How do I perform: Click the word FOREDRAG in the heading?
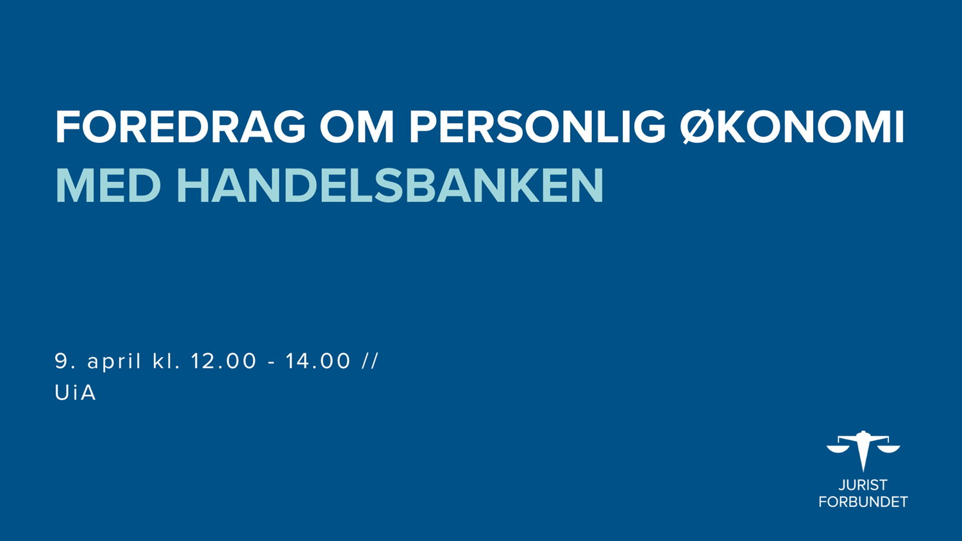[x=180, y=127]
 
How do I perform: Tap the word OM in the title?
[x=357, y=127]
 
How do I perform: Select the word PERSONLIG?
[x=537, y=127]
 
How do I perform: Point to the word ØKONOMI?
[x=792, y=127]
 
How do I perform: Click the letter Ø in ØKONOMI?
[x=698, y=127]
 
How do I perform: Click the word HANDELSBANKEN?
[x=390, y=186]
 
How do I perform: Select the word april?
[x=114, y=362]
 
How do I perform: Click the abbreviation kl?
[x=166, y=361]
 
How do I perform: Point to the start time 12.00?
[x=223, y=361]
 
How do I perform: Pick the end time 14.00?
[x=318, y=361]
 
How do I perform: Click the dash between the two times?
[x=271, y=363]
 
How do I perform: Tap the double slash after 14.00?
[x=370, y=361]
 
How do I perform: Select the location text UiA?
[x=75, y=392]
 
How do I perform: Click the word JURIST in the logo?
[x=863, y=485]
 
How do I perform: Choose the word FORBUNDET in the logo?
[x=863, y=501]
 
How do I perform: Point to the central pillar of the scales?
[x=863, y=453]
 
